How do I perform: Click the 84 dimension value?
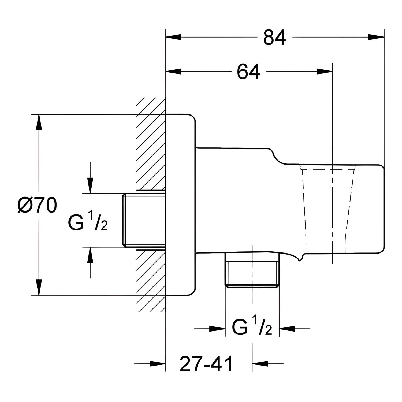coord(274,37)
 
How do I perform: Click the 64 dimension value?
coord(248,72)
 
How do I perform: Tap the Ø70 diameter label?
coord(37,206)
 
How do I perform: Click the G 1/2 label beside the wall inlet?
coord(88,222)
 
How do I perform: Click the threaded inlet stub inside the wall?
coord(144,220)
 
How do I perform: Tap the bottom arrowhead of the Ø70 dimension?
coord(39,287)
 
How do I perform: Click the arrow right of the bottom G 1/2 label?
coord(295,328)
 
